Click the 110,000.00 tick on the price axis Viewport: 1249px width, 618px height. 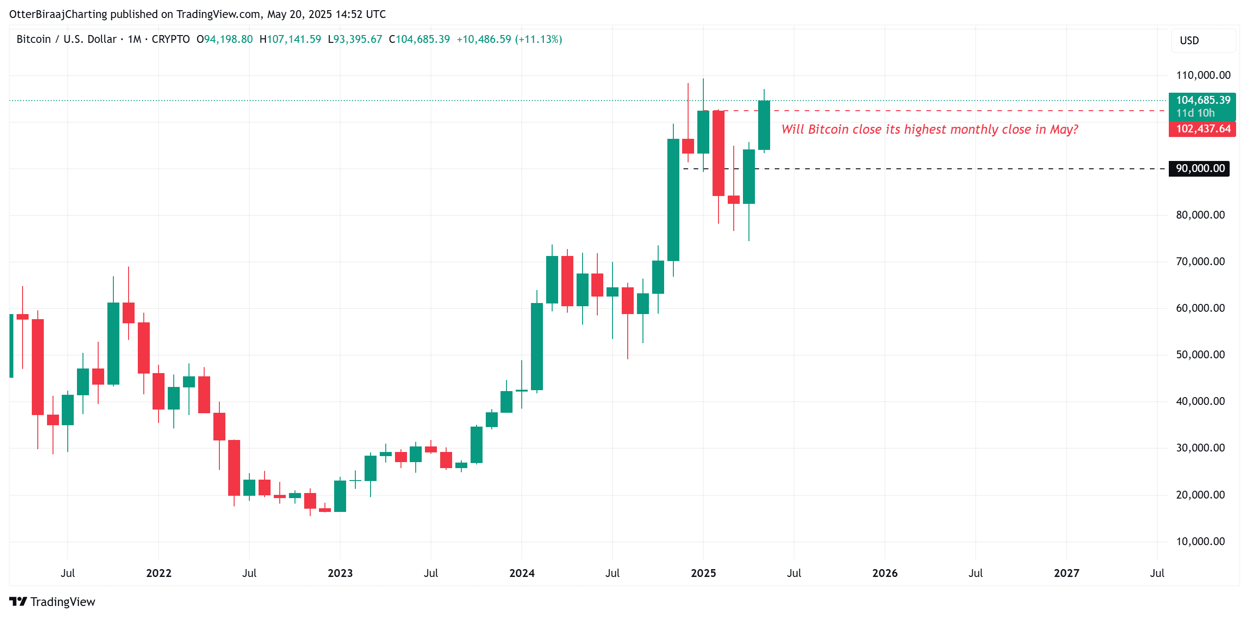point(1202,75)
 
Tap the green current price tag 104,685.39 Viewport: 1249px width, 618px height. point(1202,101)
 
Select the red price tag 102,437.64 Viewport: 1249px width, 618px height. point(1202,129)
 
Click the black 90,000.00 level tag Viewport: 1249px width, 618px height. point(1200,169)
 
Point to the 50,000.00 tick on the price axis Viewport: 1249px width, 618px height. point(1200,355)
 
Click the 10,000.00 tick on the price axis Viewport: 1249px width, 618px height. point(1200,541)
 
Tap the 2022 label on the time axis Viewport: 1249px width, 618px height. point(159,573)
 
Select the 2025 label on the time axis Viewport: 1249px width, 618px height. point(703,573)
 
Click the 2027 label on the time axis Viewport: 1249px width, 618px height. point(1066,573)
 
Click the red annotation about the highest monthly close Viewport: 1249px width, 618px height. point(930,130)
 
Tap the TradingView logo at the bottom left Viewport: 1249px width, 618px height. point(53,602)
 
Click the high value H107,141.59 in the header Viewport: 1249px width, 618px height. point(290,39)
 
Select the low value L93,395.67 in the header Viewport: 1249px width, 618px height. point(354,39)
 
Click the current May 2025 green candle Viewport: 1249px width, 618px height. point(764,125)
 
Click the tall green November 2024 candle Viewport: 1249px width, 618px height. point(673,200)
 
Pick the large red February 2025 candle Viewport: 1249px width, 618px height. point(718,153)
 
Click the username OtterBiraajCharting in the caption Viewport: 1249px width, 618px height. point(58,14)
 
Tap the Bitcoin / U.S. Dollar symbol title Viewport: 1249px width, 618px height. point(66,39)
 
